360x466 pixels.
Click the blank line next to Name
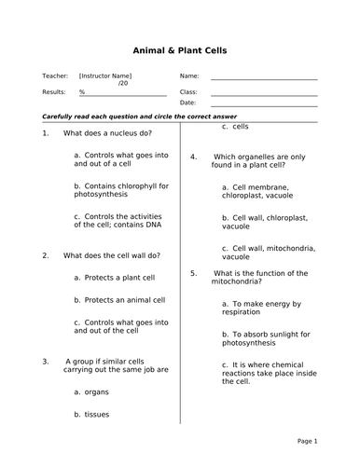(264, 79)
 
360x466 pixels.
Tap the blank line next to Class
(264, 95)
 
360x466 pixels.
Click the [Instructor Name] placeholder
(105, 75)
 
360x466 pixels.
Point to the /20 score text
(124, 84)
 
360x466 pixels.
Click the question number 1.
(45, 134)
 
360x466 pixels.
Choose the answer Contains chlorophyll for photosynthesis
(120, 190)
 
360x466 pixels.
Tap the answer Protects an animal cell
(119, 300)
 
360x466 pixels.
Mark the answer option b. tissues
(96, 414)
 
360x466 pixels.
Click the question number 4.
(193, 157)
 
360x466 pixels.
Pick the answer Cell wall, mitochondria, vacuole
(269, 254)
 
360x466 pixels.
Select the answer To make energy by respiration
(261, 308)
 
